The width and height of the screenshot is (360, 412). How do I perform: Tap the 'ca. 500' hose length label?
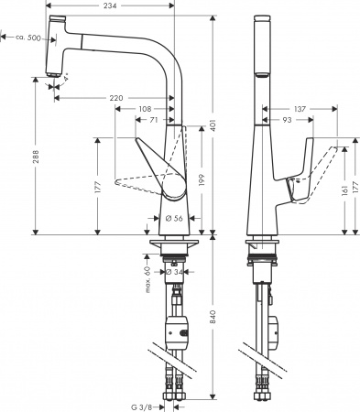[26, 38]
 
